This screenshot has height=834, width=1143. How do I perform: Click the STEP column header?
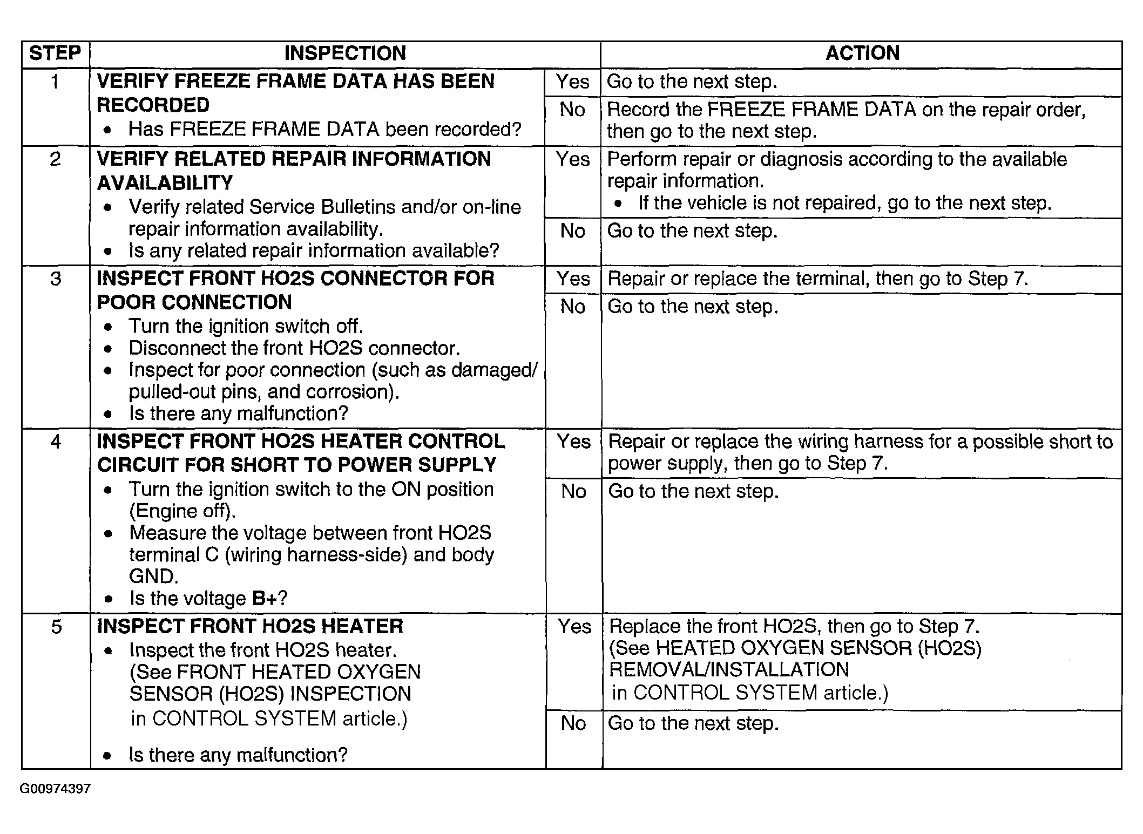pos(55,53)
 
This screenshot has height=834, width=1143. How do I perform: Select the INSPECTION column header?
pos(344,53)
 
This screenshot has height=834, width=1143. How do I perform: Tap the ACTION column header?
pos(862,53)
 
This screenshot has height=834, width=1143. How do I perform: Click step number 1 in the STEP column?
pos(55,82)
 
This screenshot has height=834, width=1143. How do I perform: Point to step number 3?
pos(56,279)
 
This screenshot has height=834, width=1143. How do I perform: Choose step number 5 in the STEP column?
pos(56,627)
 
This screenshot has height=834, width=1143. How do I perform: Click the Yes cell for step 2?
pos(572,159)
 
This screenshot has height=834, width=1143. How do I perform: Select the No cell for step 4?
pos(573,491)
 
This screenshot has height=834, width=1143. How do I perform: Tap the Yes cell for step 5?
pos(574,627)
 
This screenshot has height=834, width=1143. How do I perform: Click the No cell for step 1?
pos(572,110)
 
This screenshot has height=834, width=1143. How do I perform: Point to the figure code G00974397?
pos(55,789)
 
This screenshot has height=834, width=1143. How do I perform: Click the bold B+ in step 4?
pos(265,599)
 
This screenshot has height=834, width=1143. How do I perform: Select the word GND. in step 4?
pos(153,577)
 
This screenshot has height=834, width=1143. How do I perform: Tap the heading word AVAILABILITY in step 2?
pos(165,183)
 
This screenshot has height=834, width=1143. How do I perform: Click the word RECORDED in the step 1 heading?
pos(153,105)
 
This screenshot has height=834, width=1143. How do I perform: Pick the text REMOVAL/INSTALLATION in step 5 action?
pos(729,670)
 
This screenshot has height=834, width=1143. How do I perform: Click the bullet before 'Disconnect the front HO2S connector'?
pos(109,349)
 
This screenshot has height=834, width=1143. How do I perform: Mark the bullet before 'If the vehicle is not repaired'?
pos(619,204)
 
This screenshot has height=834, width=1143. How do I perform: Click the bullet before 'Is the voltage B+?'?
pos(110,599)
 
